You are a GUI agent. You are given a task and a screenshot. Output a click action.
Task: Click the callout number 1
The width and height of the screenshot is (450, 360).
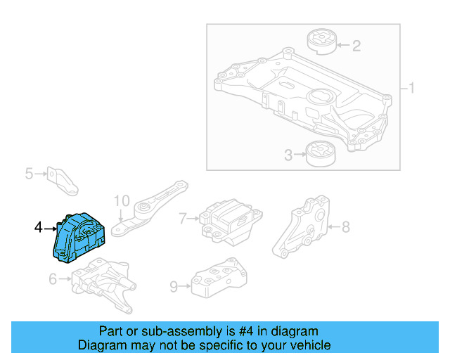pos(412,89)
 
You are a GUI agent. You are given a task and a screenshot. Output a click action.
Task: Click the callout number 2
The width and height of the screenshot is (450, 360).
pos(356,46)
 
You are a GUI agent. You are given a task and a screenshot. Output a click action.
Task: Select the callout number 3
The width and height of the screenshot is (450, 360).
pos(288,155)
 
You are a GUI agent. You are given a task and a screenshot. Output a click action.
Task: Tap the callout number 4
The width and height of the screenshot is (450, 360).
pos(39,227)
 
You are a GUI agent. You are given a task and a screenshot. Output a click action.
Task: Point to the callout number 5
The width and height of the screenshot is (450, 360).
pos(29,173)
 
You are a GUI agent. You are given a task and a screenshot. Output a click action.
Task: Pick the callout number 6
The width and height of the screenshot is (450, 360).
pos(53,280)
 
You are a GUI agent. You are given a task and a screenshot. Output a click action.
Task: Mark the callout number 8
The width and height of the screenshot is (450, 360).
pos(345,226)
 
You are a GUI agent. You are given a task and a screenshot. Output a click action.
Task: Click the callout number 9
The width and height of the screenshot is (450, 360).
pos(174,286)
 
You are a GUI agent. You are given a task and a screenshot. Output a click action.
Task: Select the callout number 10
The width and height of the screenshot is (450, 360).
pos(122,200)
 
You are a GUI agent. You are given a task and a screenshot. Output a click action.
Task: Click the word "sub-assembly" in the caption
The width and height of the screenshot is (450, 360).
pos(170,331)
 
